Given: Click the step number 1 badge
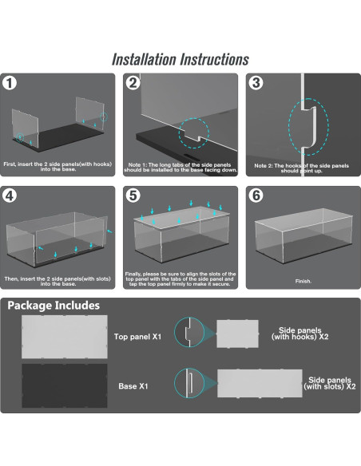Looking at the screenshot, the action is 10,83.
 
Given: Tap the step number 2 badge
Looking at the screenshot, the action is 133,83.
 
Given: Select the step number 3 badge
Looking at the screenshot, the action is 256,83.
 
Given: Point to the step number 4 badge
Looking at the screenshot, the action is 10,195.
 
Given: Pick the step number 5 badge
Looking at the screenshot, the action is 133,195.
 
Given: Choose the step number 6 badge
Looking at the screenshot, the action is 256,195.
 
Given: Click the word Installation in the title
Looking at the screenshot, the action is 144,59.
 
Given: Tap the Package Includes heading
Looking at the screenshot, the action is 54,306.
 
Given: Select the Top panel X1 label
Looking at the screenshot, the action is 137,337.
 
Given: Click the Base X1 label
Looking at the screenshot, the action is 133,386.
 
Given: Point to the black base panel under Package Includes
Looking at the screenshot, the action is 65,385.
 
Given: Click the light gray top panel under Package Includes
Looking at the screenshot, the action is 65,337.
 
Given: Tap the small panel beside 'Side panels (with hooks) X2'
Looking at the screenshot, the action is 237,334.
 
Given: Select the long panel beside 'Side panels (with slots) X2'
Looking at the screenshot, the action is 260,383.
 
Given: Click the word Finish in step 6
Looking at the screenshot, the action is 303,281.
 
